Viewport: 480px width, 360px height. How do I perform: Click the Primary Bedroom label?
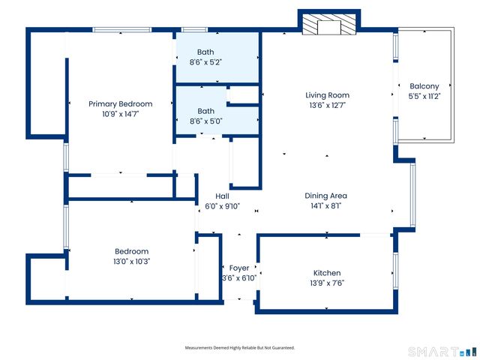pyautogui.click(x=120, y=103)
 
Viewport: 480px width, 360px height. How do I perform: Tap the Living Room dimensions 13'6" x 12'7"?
pyautogui.click(x=327, y=105)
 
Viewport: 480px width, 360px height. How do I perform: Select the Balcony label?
pyautogui.click(x=424, y=86)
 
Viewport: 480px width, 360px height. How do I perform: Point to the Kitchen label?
pyautogui.click(x=327, y=273)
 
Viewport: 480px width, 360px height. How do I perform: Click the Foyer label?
pyautogui.click(x=239, y=268)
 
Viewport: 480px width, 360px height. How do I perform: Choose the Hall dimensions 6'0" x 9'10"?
pyautogui.click(x=222, y=206)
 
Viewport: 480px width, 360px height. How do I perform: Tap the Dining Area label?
pyautogui.click(x=325, y=196)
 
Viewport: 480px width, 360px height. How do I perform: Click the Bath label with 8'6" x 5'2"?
pyautogui.click(x=205, y=52)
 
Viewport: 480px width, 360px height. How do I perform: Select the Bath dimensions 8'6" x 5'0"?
pyautogui.click(x=205, y=121)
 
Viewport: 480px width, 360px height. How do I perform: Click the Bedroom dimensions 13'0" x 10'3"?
pyautogui.click(x=131, y=262)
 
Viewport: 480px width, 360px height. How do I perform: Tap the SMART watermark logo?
pyautogui.click(x=442, y=352)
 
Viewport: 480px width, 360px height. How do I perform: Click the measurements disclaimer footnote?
pyautogui.click(x=240, y=348)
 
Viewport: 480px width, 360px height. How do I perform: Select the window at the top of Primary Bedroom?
pyautogui.click(x=121, y=30)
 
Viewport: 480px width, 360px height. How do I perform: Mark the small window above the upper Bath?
pyautogui.click(x=194, y=30)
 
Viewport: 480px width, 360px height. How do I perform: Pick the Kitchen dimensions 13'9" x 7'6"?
pyautogui.click(x=327, y=283)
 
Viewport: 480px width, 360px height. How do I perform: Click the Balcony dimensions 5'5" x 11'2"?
pyautogui.click(x=424, y=97)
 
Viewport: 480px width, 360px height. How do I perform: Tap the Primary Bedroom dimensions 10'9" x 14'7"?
pyautogui.click(x=120, y=114)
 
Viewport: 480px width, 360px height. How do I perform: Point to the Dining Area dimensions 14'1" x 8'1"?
pyautogui.click(x=325, y=205)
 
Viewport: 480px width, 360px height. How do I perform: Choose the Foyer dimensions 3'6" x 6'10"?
pyautogui.click(x=239, y=278)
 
